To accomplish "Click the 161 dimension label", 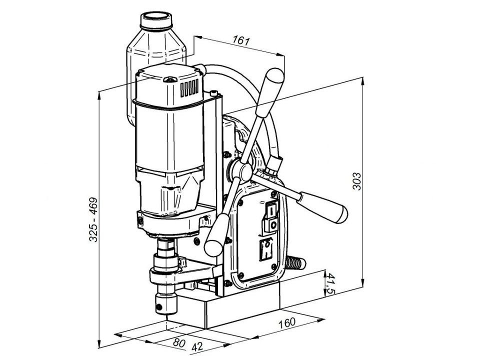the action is coord(241,40).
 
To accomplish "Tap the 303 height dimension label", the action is coord(357,181).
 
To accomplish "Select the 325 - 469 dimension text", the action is coord(93,219).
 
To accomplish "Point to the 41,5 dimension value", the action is coord(329,283).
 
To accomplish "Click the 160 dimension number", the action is coord(287,323).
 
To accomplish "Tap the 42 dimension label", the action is coord(197,347).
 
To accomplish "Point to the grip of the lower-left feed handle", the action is coord(216,235).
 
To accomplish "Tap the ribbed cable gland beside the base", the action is coord(295,263).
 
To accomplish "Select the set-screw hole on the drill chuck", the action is coord(159,306).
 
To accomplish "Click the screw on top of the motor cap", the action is coord(170,80).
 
